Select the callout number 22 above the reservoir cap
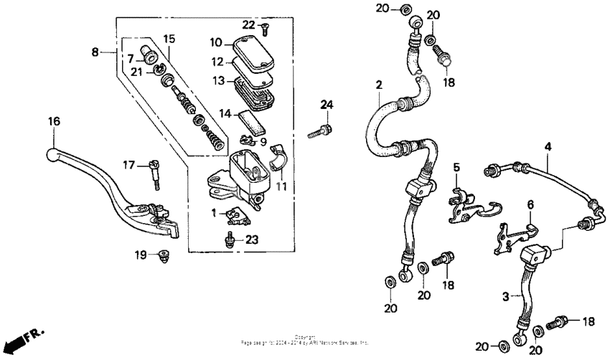(248, 24)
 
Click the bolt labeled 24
(319, 132)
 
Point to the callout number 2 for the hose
(377, 85)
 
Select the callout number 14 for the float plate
(225, 113)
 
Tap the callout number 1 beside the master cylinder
(213, 212)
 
